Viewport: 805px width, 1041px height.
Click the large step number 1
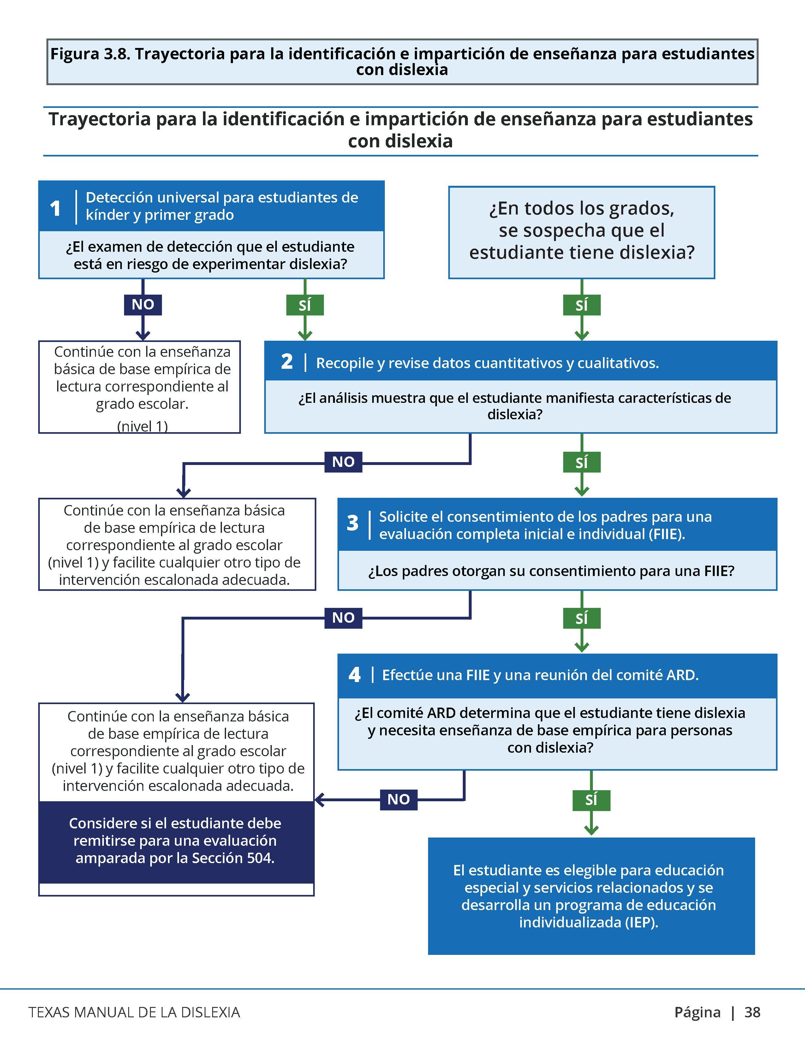click(x=55, y=208)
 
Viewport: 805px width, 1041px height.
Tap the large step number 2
click(x=287, y=362)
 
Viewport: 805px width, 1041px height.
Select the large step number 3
click(x=352, y=523)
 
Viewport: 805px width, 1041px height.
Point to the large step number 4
click(x=354, y=675)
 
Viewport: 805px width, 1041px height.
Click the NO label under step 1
click(x=143, y=305)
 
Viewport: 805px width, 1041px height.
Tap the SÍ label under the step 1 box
click(x=305, y=305)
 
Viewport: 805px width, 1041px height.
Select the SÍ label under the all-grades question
click(x=581, y=305)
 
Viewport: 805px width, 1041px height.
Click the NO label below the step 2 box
click(x=343, y=462)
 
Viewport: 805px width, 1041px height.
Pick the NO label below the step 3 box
click(x=343, y=618)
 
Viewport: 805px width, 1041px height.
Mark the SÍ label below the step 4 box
click(x=591, y=799)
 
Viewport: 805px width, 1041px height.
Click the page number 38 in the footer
click(x=753, y=1012)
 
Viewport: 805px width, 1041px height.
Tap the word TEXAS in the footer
click(x=49, y=1012)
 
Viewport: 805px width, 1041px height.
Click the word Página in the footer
click(x=698, y=1012)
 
